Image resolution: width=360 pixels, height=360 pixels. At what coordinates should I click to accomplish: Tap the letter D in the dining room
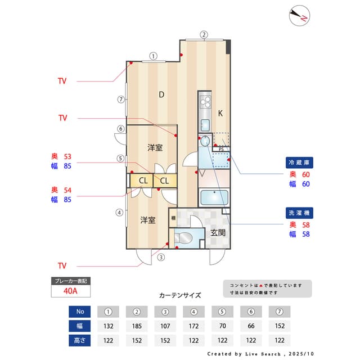tap(161, 94)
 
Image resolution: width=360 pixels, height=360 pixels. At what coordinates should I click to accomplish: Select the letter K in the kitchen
tap(220, 113)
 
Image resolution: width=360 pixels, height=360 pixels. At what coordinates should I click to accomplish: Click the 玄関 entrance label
tap(218, 232)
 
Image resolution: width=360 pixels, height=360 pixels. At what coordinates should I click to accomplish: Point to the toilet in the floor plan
tap(183, 238)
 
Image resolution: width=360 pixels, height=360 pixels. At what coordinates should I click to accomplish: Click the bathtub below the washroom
tap(214, 199)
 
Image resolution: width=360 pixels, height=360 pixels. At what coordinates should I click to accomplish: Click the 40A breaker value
tap(70, 291)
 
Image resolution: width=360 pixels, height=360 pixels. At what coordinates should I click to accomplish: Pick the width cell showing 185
tap(136, 326)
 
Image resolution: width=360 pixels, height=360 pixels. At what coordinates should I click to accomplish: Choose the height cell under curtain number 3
tap(165, 340)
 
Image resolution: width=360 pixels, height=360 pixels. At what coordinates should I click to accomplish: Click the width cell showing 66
tap(251, 326)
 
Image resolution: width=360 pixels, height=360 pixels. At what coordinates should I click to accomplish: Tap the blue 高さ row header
tap(80, 340)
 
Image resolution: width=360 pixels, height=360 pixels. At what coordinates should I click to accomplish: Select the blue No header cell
tap(80, 311)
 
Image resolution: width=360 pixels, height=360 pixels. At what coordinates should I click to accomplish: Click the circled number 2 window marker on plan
tap(204, 34)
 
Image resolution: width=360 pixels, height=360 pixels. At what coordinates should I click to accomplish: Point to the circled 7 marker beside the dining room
tap(120, 100)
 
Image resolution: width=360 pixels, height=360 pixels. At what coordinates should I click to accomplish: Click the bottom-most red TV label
tap(62, 265)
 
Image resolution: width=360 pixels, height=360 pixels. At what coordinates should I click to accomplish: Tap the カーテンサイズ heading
tap(180, 295)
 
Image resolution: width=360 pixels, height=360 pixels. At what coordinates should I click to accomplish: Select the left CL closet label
tap(143, 181)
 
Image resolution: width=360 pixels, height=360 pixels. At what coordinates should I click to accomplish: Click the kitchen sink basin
tap(205, 125)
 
